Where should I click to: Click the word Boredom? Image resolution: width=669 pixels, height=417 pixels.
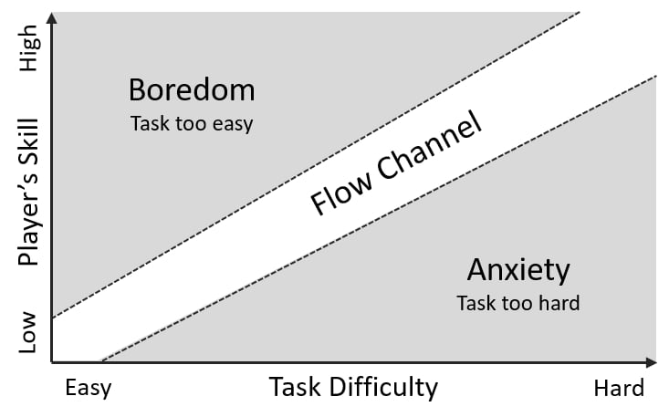point(191,90)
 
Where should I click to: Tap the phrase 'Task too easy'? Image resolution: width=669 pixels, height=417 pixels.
point(191,122)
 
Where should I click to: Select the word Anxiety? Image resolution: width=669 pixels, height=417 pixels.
point(518,270)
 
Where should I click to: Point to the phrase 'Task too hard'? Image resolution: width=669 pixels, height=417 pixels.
point(518,302)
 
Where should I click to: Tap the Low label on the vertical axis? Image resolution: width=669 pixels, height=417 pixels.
point(29,332)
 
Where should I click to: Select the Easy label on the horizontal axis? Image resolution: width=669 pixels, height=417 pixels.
point(89,388)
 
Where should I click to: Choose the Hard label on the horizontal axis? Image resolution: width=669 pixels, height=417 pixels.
point(619,388)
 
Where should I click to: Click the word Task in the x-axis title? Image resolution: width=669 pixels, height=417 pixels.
point(293,387)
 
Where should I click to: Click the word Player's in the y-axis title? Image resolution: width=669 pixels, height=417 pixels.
point(29,220)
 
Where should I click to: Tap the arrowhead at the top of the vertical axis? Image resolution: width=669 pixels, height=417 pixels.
point(53,17)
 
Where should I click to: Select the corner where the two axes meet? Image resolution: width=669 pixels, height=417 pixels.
point(53,361)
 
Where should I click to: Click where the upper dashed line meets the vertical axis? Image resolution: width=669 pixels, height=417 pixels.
point(53,318)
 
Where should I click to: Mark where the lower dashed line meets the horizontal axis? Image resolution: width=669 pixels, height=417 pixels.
point(99,361)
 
